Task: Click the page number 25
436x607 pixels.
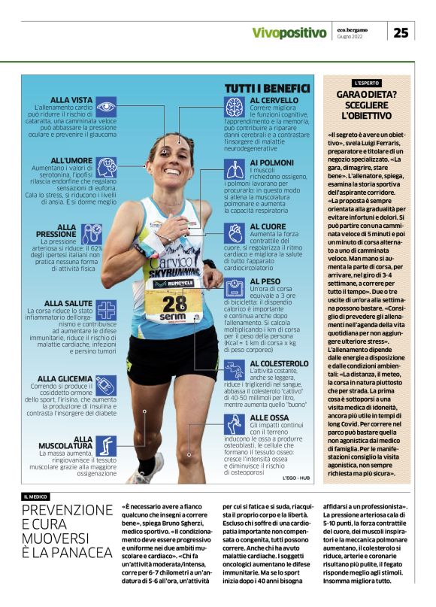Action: [401, 32]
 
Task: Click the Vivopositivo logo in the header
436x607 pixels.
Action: [289, 32]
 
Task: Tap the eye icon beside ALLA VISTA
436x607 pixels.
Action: [106, 105]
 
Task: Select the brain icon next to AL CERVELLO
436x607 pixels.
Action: [235, 107]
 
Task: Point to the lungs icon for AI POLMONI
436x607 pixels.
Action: [235, 168]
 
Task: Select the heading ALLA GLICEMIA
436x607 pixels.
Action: [66, 378]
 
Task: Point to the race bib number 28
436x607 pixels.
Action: [174, 302]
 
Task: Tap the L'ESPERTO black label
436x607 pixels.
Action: [368, 82]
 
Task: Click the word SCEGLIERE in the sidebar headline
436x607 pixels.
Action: [368, 105]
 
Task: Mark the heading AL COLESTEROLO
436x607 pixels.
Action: [279, 363]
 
